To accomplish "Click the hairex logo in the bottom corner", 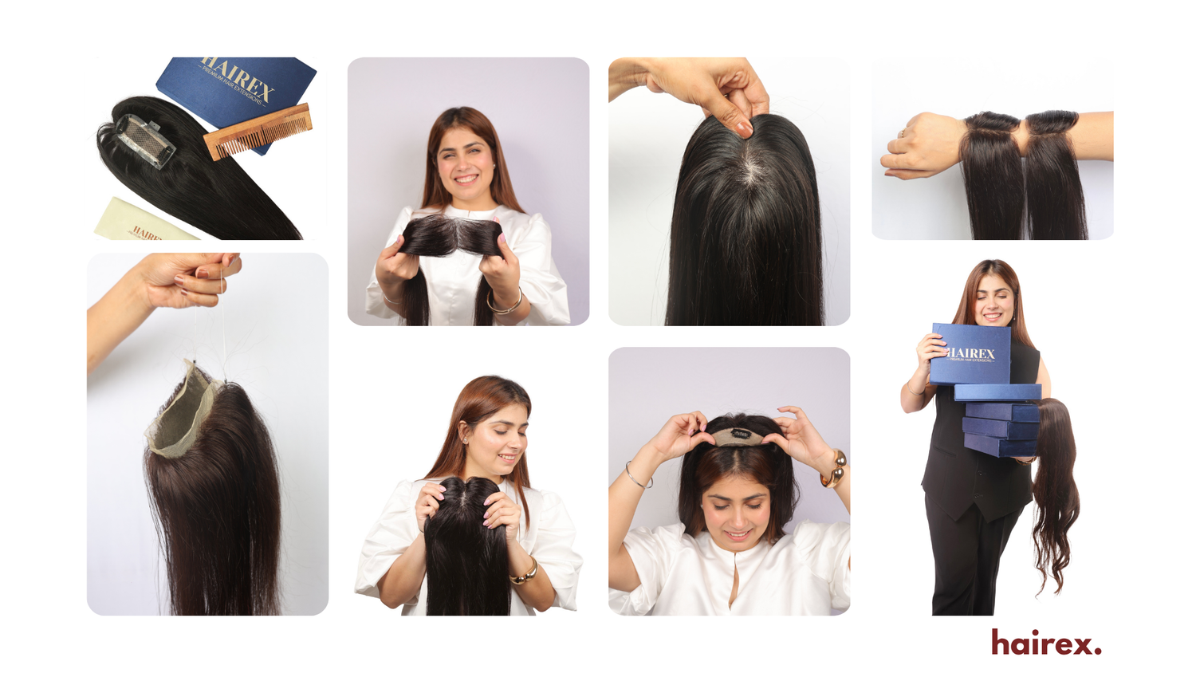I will click(x=1046, y=643).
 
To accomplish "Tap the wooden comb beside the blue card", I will click(x=257, y=132).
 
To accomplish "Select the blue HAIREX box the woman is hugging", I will click(x=970, y=353).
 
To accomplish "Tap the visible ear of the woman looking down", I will click(x=465, y=436).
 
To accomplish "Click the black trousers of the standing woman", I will click(x=965, y=558).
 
